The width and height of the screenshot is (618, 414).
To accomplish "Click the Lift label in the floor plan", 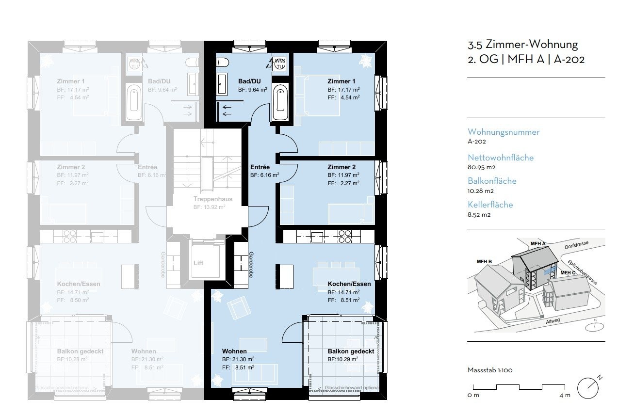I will coord(198,263).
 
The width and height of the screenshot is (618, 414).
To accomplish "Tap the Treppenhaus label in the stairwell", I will coord(212,199).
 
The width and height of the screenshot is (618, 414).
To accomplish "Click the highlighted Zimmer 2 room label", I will coord(342,167).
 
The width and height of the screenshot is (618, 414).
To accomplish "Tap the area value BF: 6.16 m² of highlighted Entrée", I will coord(264,175).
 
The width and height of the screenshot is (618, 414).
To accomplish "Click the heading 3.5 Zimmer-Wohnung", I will coord(522,45).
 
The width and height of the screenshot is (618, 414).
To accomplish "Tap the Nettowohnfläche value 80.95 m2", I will coord(478,167).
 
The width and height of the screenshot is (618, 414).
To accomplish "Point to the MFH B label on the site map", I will coord(484,262).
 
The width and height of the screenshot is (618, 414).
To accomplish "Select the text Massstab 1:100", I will coord(489,370).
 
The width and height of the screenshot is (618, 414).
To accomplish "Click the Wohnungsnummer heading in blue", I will coord(503,132).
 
